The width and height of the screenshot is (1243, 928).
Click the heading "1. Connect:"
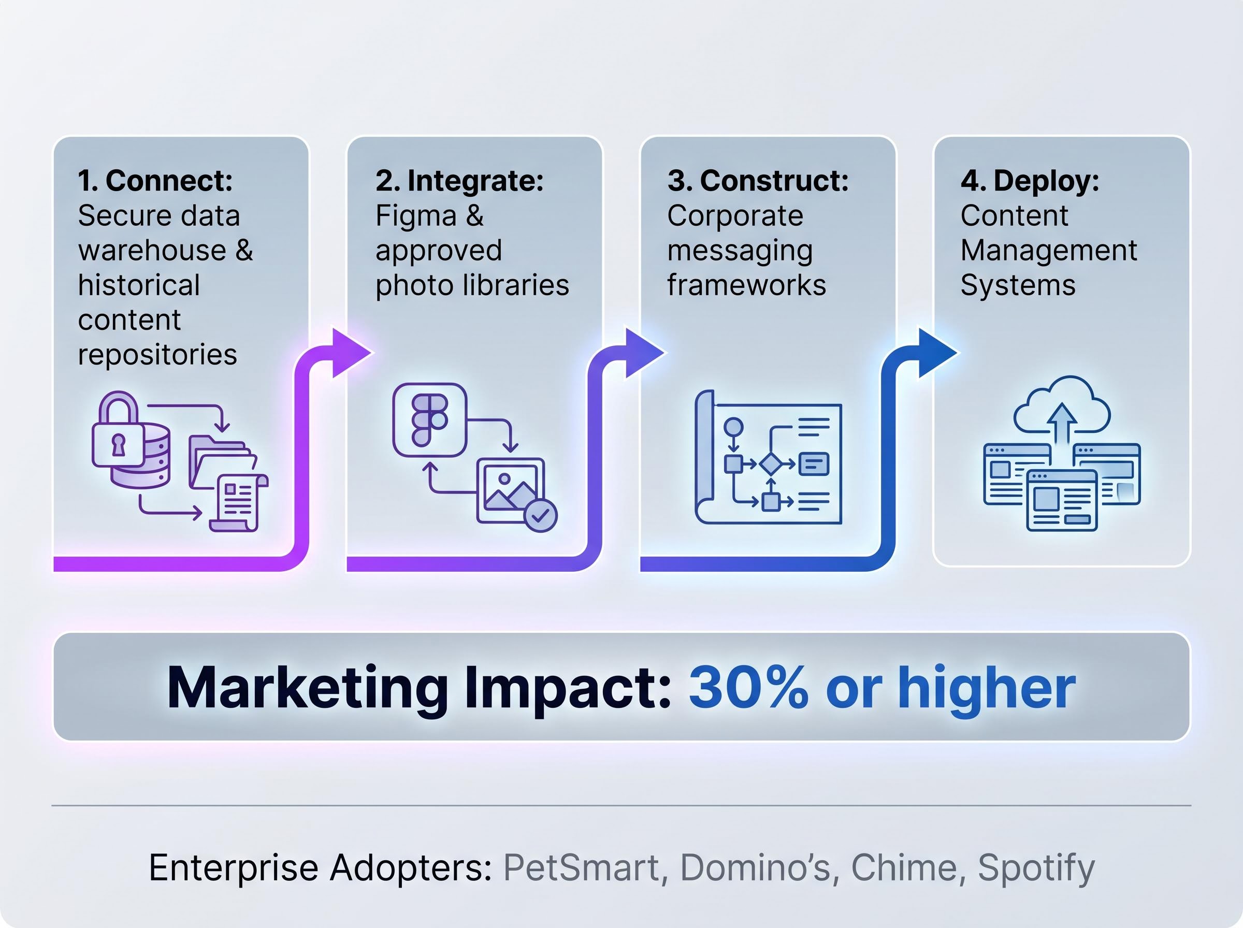point(155,181)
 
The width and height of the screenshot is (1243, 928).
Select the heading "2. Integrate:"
point(459,181)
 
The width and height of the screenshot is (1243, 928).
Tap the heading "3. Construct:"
point(758,181)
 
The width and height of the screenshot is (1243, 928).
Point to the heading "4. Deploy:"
point(1030,181)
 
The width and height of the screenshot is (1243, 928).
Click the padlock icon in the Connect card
point(118,429)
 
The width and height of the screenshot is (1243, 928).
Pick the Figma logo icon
point(430,420)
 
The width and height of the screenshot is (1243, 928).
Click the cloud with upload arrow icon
point(1062,407)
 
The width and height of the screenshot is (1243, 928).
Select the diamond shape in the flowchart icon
point(770,463)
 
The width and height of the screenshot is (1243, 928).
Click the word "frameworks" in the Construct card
point(746,285)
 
